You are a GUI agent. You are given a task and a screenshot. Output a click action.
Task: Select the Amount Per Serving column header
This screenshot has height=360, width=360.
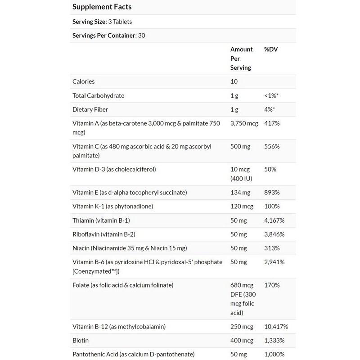(242, 58)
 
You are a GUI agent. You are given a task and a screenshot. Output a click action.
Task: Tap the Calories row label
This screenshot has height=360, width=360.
(84, 81)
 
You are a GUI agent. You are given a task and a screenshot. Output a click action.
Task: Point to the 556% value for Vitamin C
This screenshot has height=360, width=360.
(272, 147)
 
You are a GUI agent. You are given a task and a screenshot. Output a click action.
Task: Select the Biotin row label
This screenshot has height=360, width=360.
(80, 341)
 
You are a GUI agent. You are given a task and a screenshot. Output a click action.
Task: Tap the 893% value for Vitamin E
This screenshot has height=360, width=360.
(272, 193)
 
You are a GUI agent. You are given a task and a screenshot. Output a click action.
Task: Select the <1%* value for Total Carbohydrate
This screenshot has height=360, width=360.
(273, 95)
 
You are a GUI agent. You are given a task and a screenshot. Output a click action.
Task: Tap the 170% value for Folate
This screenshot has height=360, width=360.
(272, 285)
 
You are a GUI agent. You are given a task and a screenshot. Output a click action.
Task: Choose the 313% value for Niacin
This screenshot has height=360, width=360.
(272, 248)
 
